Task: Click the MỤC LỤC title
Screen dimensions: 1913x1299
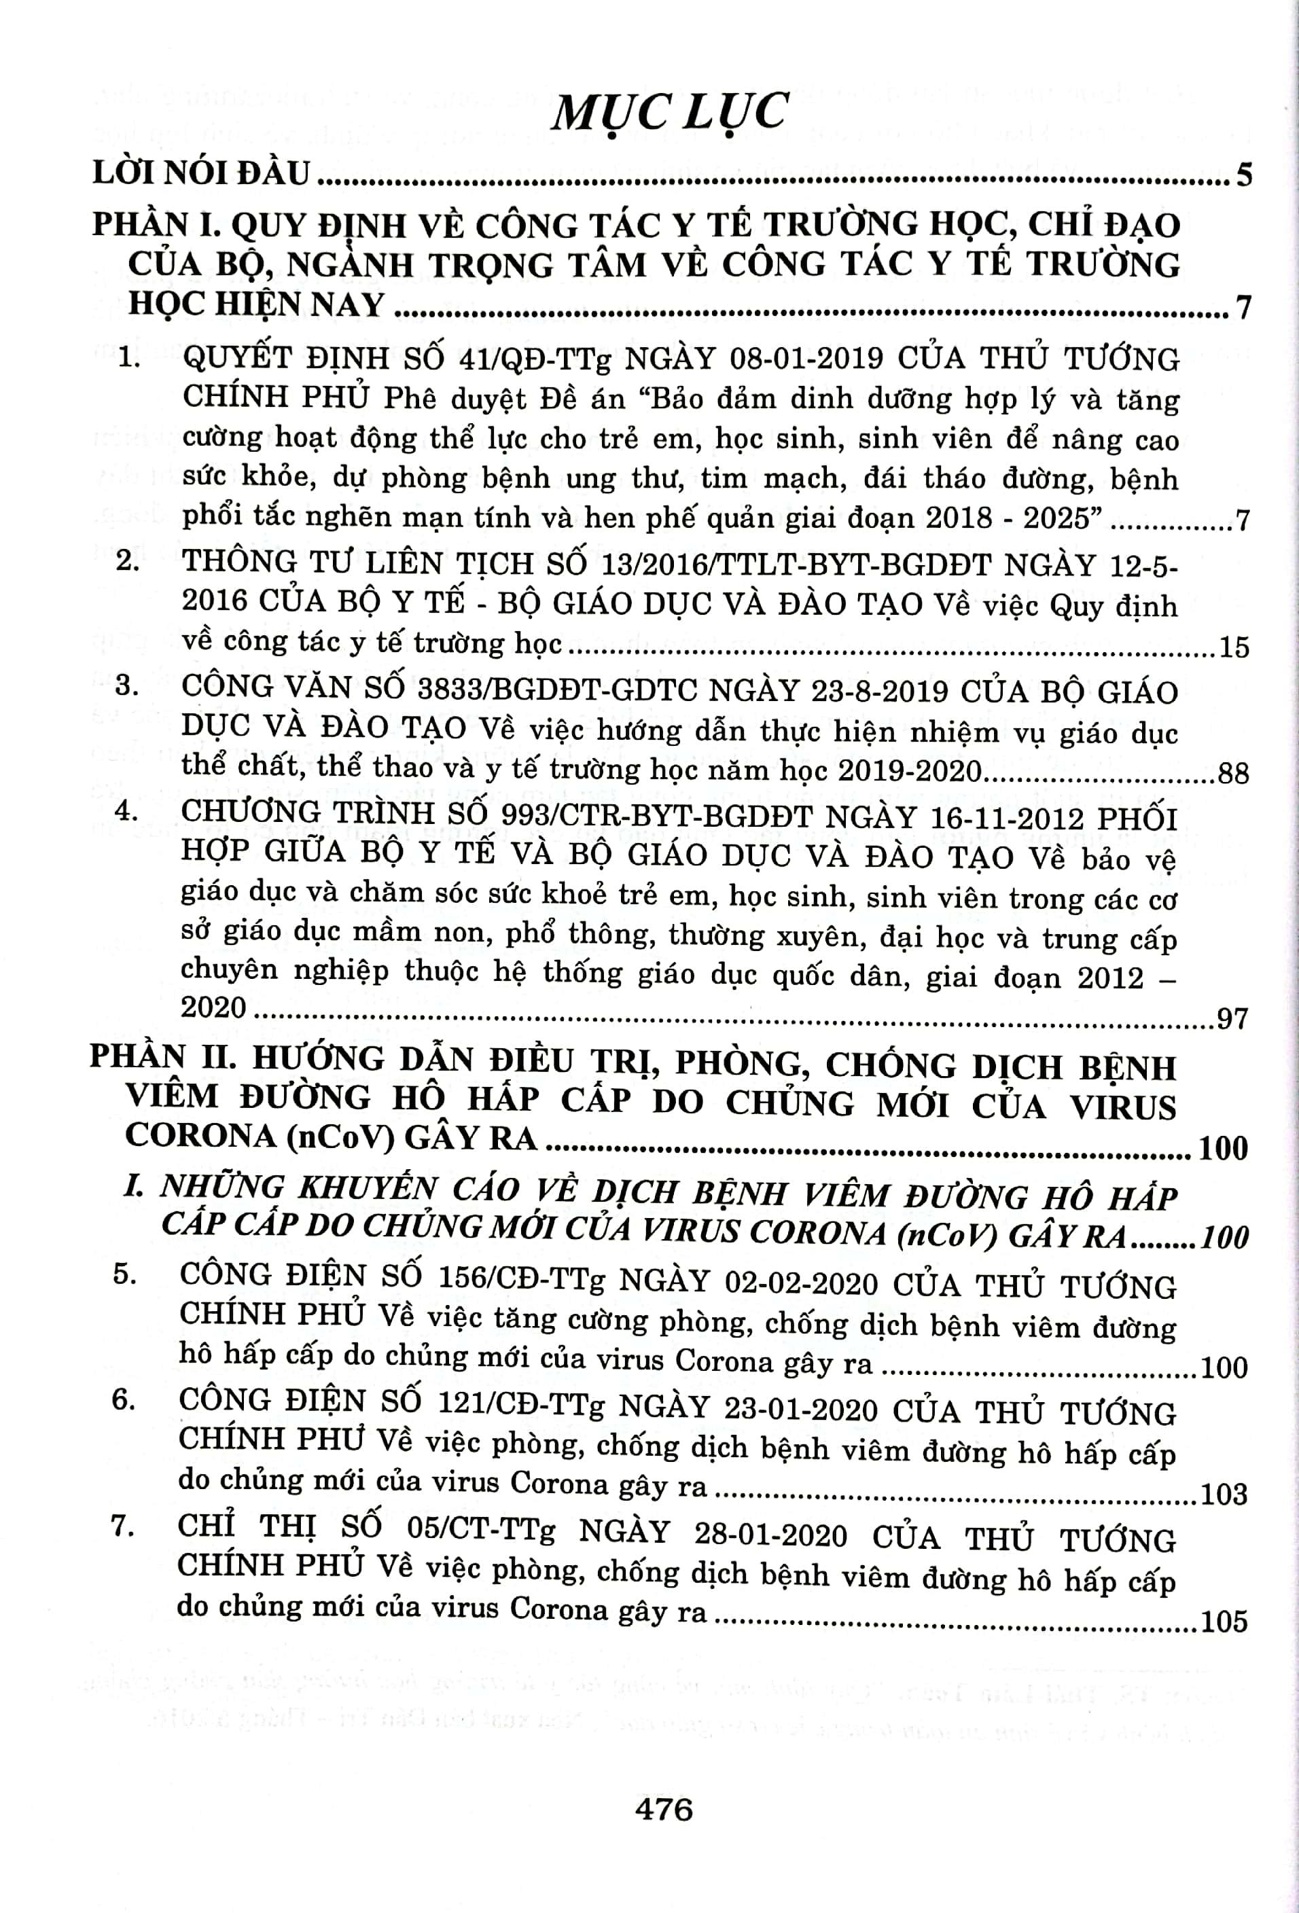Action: coord(670,113)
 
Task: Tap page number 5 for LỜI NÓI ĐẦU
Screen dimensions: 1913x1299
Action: coord(1243,175)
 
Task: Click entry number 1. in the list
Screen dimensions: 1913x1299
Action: coord(128,360)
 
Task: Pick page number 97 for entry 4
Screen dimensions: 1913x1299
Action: coord(1232,1019)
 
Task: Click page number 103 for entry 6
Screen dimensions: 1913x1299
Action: coord(1225,1493)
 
